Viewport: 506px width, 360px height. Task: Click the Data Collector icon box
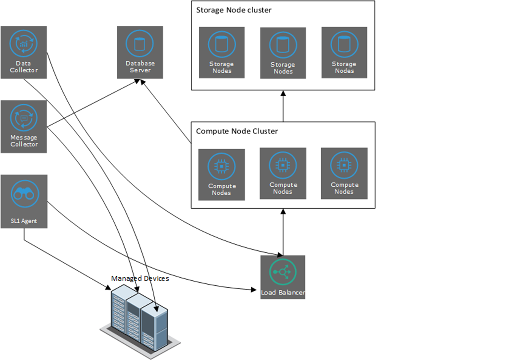(x=24, y=52)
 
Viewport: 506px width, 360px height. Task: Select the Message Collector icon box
(x=24, y=126)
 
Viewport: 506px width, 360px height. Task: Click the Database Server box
(x=140, y=52)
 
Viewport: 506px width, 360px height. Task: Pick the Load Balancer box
(x=283, y=277)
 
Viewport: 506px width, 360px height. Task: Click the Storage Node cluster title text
(x=234, y=10)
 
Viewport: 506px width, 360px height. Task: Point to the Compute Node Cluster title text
(x=237, y=131)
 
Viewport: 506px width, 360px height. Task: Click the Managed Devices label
(x=140, y=278)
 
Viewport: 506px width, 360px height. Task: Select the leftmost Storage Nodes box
(x=222, y=52)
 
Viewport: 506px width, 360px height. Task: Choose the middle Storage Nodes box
(x=283, y=53)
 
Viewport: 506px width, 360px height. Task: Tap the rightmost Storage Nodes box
(x=344, y=52)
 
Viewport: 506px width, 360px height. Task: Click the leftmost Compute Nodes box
(x=222, y=174)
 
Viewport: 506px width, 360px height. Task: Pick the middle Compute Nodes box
(x=283, y=173)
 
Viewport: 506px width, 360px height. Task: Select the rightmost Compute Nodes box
(x=344, y=173)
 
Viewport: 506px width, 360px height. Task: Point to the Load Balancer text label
(x=283, y=293)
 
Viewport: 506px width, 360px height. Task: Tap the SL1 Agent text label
(x=24, y=221)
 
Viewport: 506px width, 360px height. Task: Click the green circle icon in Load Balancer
(x=283, y=272)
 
